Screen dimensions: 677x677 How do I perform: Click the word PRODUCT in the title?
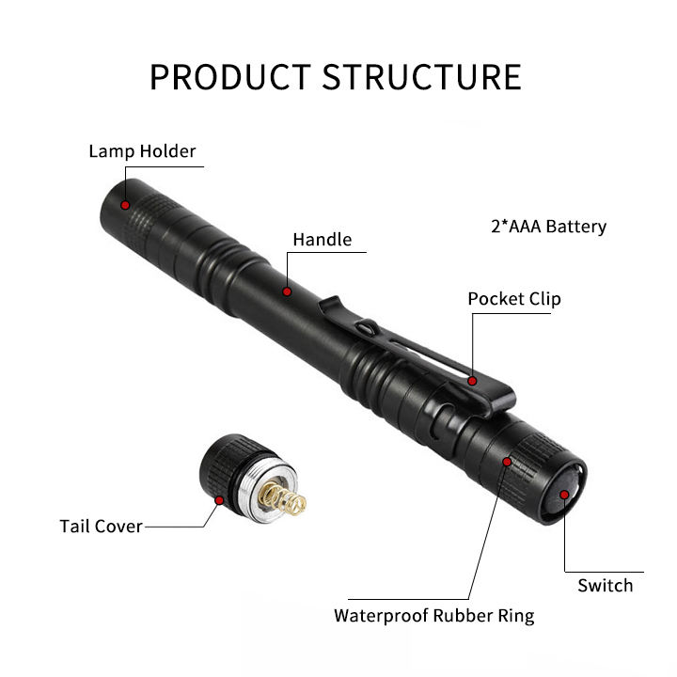point(229,76)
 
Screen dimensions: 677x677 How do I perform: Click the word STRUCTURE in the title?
point(421,76)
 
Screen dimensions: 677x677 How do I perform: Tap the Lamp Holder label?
point(142,151)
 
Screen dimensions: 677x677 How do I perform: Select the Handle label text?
point(322,240)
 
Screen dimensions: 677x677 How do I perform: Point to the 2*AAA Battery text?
point(548,227)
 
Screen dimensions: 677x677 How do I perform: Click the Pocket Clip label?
point(513,299)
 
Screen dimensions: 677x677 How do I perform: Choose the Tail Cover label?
point(101,526)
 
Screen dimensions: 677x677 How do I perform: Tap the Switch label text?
point(605,586)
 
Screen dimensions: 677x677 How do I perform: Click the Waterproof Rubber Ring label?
point(433,616)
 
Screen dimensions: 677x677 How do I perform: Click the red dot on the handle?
point(288,291)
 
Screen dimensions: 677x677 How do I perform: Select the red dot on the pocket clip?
point(474,382)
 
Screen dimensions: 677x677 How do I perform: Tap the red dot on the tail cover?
point(220,500)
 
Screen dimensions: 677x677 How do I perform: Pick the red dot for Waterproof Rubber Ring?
point(508,463)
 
